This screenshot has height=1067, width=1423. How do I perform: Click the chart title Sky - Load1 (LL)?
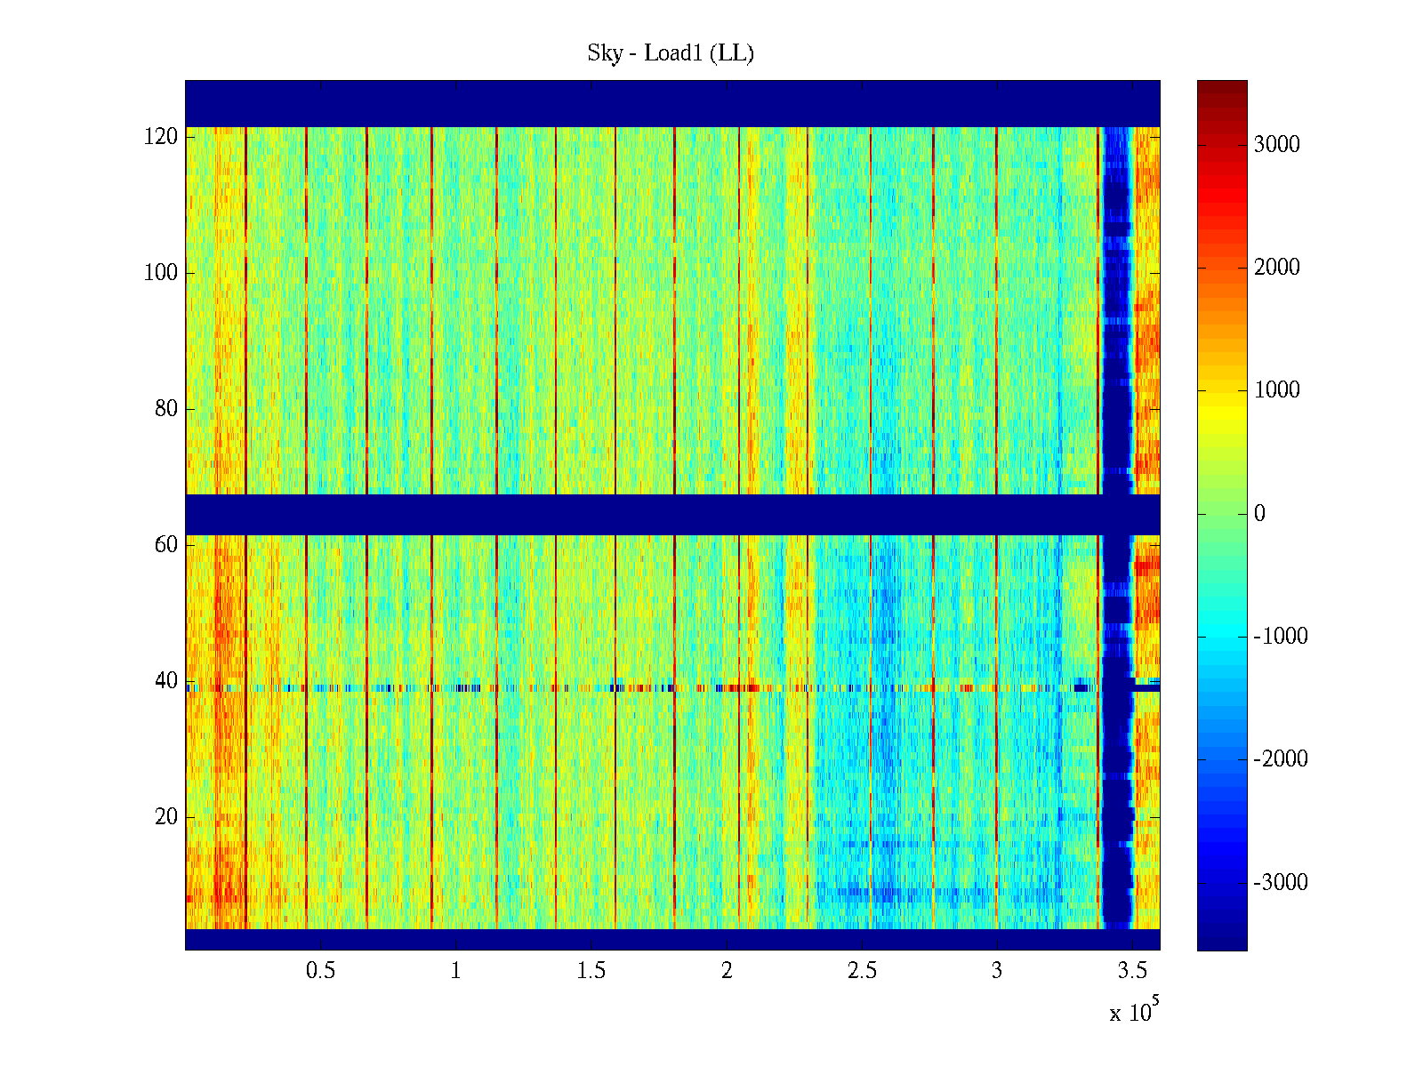(x=671, y=53)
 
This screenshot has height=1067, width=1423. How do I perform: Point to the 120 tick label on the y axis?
(x=161, y=137)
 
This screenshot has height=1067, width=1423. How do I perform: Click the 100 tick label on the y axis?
(x=161, y=273)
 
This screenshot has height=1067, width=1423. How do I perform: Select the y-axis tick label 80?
(x=166, y=409)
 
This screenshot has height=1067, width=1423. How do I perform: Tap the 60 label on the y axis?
(x=166, y=545)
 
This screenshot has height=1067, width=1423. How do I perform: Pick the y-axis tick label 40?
(x=166, y=681)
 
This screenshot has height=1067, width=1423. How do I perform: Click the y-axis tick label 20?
(x=166, y=817)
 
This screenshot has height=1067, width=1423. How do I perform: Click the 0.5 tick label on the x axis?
(x=320, y=971)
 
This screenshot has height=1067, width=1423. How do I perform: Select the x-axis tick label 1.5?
(x=591, y=971)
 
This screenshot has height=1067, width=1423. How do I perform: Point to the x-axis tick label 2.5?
(x=862, y=971)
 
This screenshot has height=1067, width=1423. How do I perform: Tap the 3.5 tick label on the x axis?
(x=1132, y=971)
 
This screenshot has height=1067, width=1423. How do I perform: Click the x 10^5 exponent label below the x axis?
(x=1133, y=1011)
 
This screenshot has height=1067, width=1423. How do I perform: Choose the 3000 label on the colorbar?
(x=1276, y=145)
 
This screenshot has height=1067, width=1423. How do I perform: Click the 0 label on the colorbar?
(x=1259, y=514)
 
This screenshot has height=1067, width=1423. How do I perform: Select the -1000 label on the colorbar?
(x=1281, y=637)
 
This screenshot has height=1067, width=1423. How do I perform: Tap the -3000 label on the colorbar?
(x=1281, y=883)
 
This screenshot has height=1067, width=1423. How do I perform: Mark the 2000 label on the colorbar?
(x=1276, y=268)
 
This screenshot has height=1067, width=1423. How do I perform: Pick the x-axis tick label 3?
(x=996, y=971)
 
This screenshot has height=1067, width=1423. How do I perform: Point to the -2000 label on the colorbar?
(x=1281, y=759)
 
